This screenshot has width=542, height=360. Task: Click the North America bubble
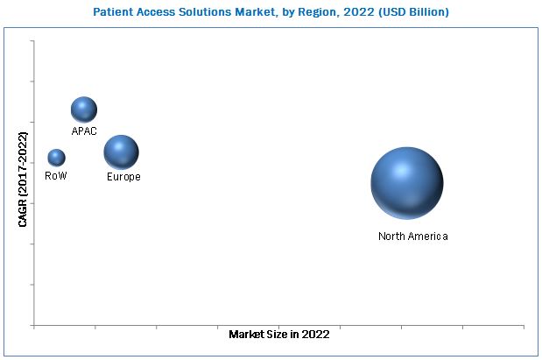(406, 183)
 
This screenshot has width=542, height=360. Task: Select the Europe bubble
(121, 152)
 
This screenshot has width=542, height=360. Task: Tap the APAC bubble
(84, 109)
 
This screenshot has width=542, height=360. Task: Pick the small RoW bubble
(56, 158)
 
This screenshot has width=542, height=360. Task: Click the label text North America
(412, 236)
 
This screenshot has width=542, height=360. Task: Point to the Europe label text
(123, 177)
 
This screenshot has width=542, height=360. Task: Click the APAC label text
(84, 131)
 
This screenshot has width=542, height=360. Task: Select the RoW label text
(56, 176)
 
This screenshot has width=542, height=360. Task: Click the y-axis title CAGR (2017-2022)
(23, 180)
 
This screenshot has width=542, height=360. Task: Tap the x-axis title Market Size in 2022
(278, 335)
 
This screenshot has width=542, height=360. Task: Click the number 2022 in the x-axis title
(316, 335)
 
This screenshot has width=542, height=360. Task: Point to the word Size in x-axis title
(278, 335)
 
